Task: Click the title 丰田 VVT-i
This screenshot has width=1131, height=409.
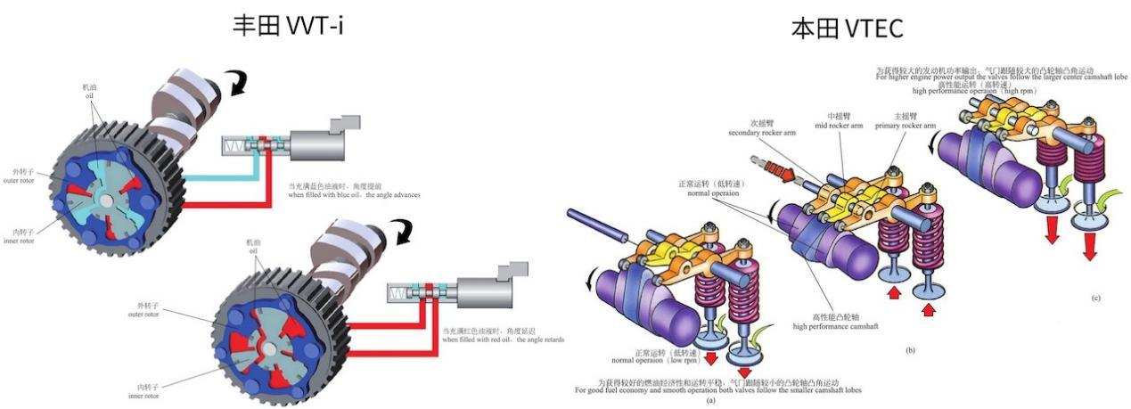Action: pos(288,26)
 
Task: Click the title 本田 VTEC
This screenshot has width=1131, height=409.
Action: pos(847,29)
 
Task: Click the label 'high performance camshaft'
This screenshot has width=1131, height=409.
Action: pos(835,326)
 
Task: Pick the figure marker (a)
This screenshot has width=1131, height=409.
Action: pos(710,401)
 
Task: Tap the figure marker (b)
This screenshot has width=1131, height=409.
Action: pos(910,350)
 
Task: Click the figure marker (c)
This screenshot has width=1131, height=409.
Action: pos(1096,297)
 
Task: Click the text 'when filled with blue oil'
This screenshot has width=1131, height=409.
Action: pos(354,194)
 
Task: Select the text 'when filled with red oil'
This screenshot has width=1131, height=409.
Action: pos(504,339)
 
